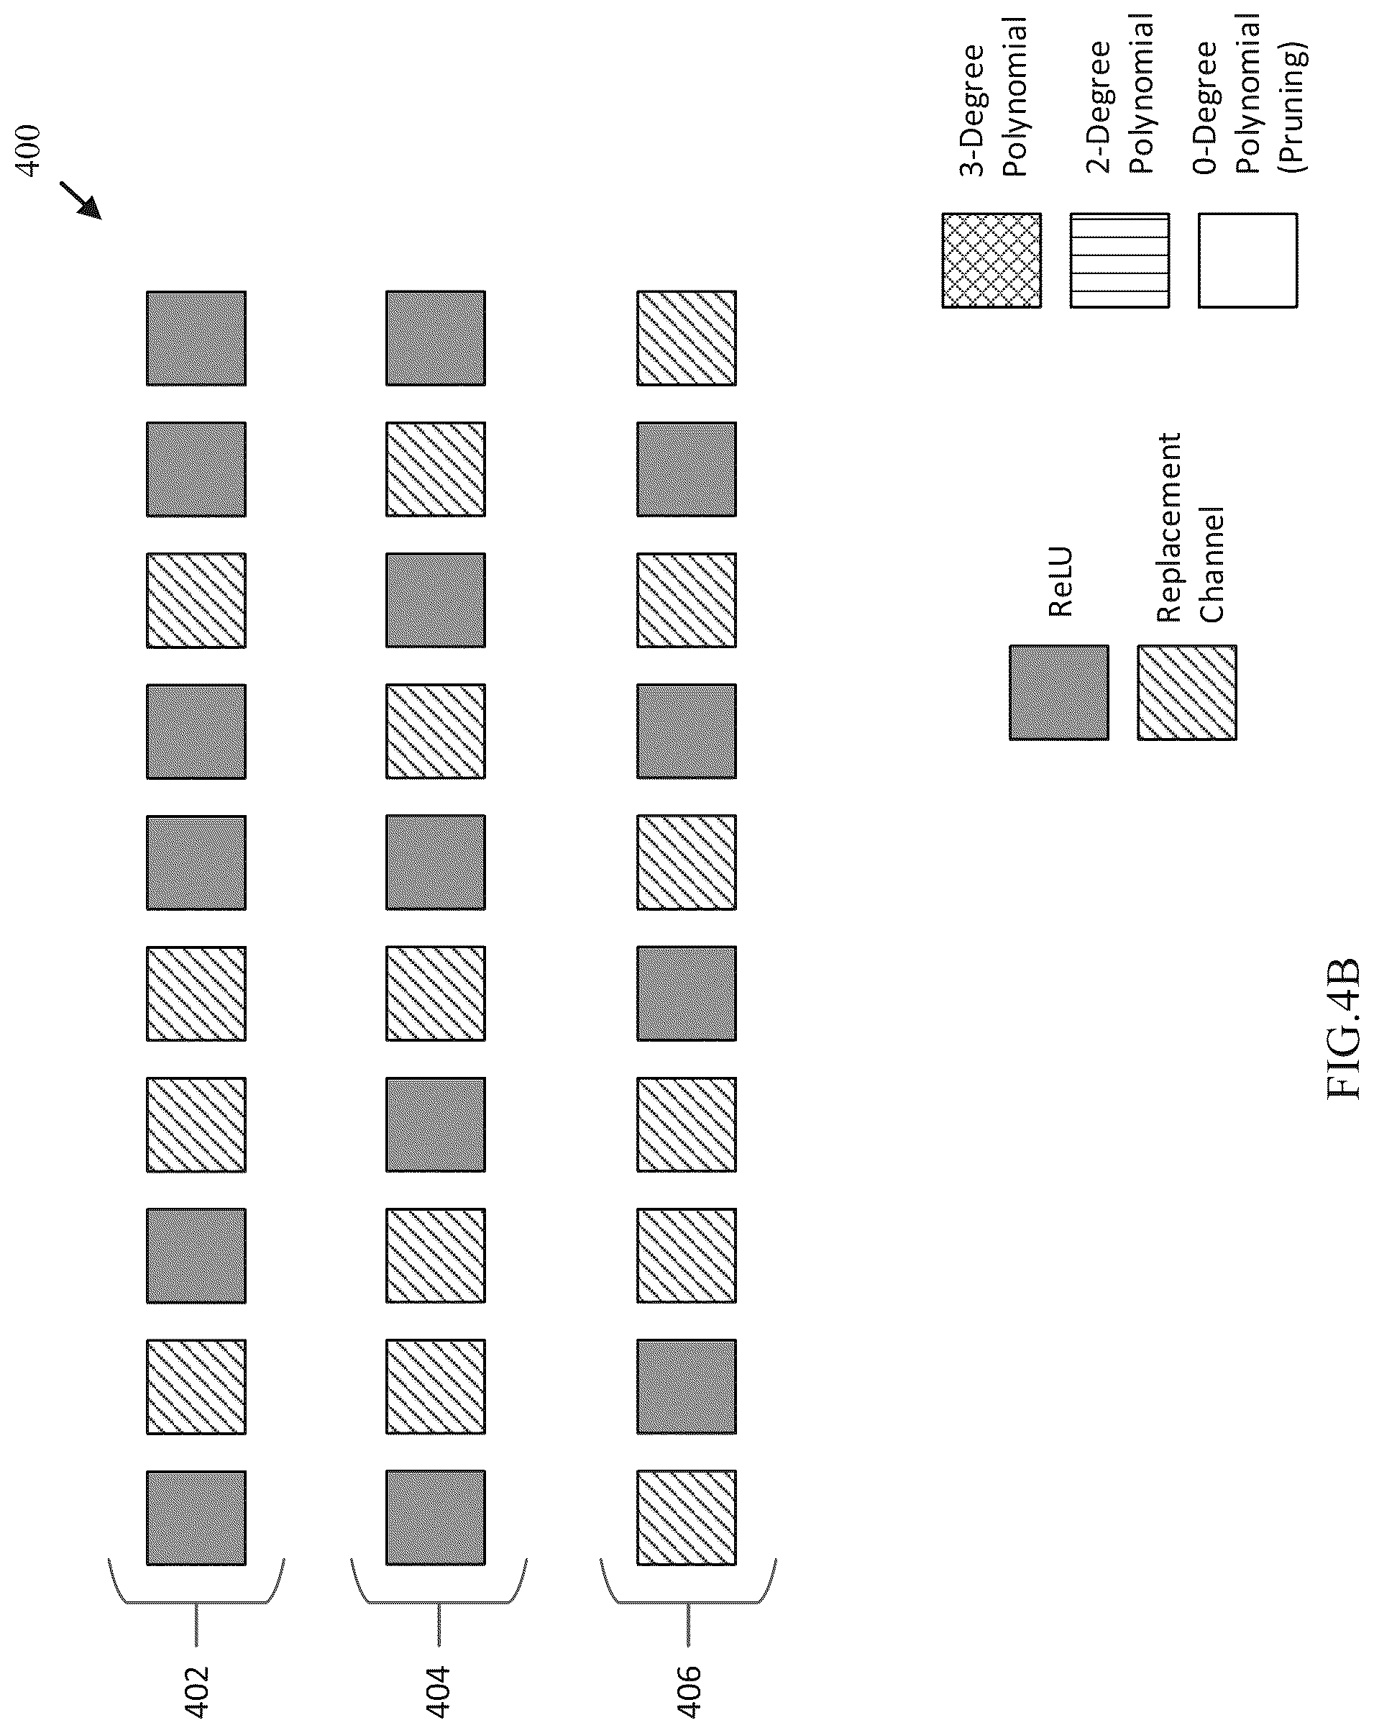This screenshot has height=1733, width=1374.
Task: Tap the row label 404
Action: click(x=437, y=1691)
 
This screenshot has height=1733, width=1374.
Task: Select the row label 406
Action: click(x=689, y=1691)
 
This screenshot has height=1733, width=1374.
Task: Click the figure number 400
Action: click(x=27, y=150)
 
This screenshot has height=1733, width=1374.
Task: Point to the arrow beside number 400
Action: click(x=81, y=200)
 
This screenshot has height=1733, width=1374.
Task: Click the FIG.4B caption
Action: click(x=1344, y=1028)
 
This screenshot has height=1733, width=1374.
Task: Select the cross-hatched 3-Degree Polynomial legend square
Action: click(x=991, y=260)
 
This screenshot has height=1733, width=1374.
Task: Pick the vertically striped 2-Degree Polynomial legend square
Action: click(x=1119, y=260)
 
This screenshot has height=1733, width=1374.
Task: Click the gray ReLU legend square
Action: click(x=1059, y=692)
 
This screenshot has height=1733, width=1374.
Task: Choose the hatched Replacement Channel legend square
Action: click(x=1187, y=692)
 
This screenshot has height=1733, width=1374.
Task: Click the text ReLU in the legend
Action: click(x=1061, y=582)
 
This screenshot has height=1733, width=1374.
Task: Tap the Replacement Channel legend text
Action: click(x=1190, y=527)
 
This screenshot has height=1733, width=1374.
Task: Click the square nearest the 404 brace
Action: click(x=436, y=1518)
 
